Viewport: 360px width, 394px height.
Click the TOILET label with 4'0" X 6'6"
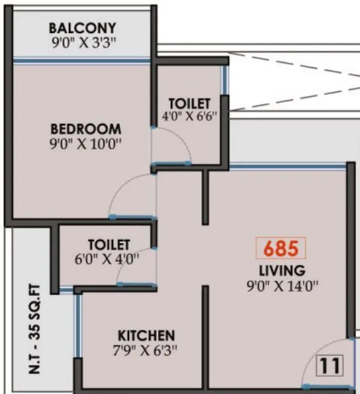pyautogui.click(x=189, y=104)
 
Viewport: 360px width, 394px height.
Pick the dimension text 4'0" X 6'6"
pyautogui.click(x=189, y=117)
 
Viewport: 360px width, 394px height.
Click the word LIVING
pyautogui.click(x=282, y=270)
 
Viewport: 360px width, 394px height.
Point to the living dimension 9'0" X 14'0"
pyautogui.click(x=282, y=286)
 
